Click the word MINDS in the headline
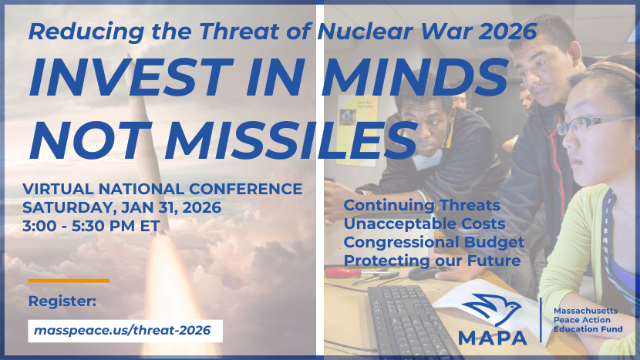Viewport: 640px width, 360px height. (x=415, y=78)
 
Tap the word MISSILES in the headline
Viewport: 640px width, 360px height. (x=289, y=140)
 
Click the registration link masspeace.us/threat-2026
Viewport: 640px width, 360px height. (x=123, y=330)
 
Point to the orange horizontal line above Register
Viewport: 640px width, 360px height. (x=69, y=281)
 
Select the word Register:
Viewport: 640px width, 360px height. (x=62, y=301)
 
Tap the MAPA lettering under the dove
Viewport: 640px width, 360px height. (x=492, y=338)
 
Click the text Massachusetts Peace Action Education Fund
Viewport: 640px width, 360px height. (x=588, y=320)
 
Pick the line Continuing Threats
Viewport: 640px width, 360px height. (x=422, y=205)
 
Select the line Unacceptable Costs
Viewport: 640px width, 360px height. (x=425, y=224)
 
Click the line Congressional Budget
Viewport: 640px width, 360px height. (x=434, y=243)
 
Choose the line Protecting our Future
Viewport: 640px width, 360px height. (x=433, y=261)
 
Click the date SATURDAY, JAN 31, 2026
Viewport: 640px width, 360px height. (x=122, y=207)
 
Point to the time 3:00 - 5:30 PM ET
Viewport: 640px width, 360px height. (x=91, y=226)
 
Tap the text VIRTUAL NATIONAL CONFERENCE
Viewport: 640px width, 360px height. (x=163, y=189)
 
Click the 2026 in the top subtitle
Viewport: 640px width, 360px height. (x=507, y=32)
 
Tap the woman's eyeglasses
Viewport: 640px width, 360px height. (x=593, y=124)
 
